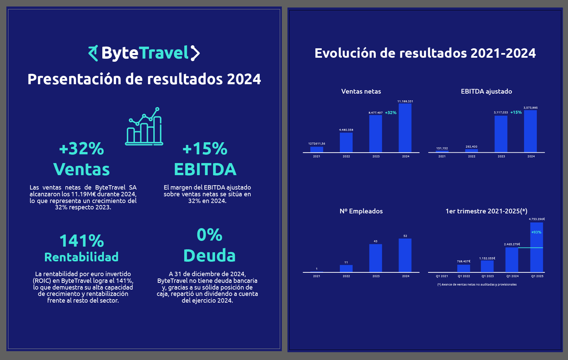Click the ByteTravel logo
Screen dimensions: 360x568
tap(144, 53)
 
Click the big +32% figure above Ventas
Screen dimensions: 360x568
tap(82, 149)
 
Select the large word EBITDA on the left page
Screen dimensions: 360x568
tap(205, 169)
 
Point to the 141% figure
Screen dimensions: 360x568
tap(82, 241)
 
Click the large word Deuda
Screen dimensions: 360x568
tap(209, 256)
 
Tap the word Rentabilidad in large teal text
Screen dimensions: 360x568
tap(82, 257)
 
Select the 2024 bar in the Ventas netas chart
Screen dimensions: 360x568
tap(405, 128)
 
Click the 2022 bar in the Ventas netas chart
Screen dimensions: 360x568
tap(346, 142)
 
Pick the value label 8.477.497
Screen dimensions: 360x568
tap(375, 113)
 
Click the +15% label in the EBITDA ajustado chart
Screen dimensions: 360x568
tap(516, 112)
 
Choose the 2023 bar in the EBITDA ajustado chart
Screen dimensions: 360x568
tap(501, 134)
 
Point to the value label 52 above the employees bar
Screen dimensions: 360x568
tap(405, 236)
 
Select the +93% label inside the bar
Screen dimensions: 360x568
tap(536, 232)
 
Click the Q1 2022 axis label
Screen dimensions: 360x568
tap(464, 276)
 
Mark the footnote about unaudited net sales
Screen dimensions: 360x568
tap(477, 285)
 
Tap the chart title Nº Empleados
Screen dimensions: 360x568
tap(361, 211)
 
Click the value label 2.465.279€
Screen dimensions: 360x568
tap(512, 244)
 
